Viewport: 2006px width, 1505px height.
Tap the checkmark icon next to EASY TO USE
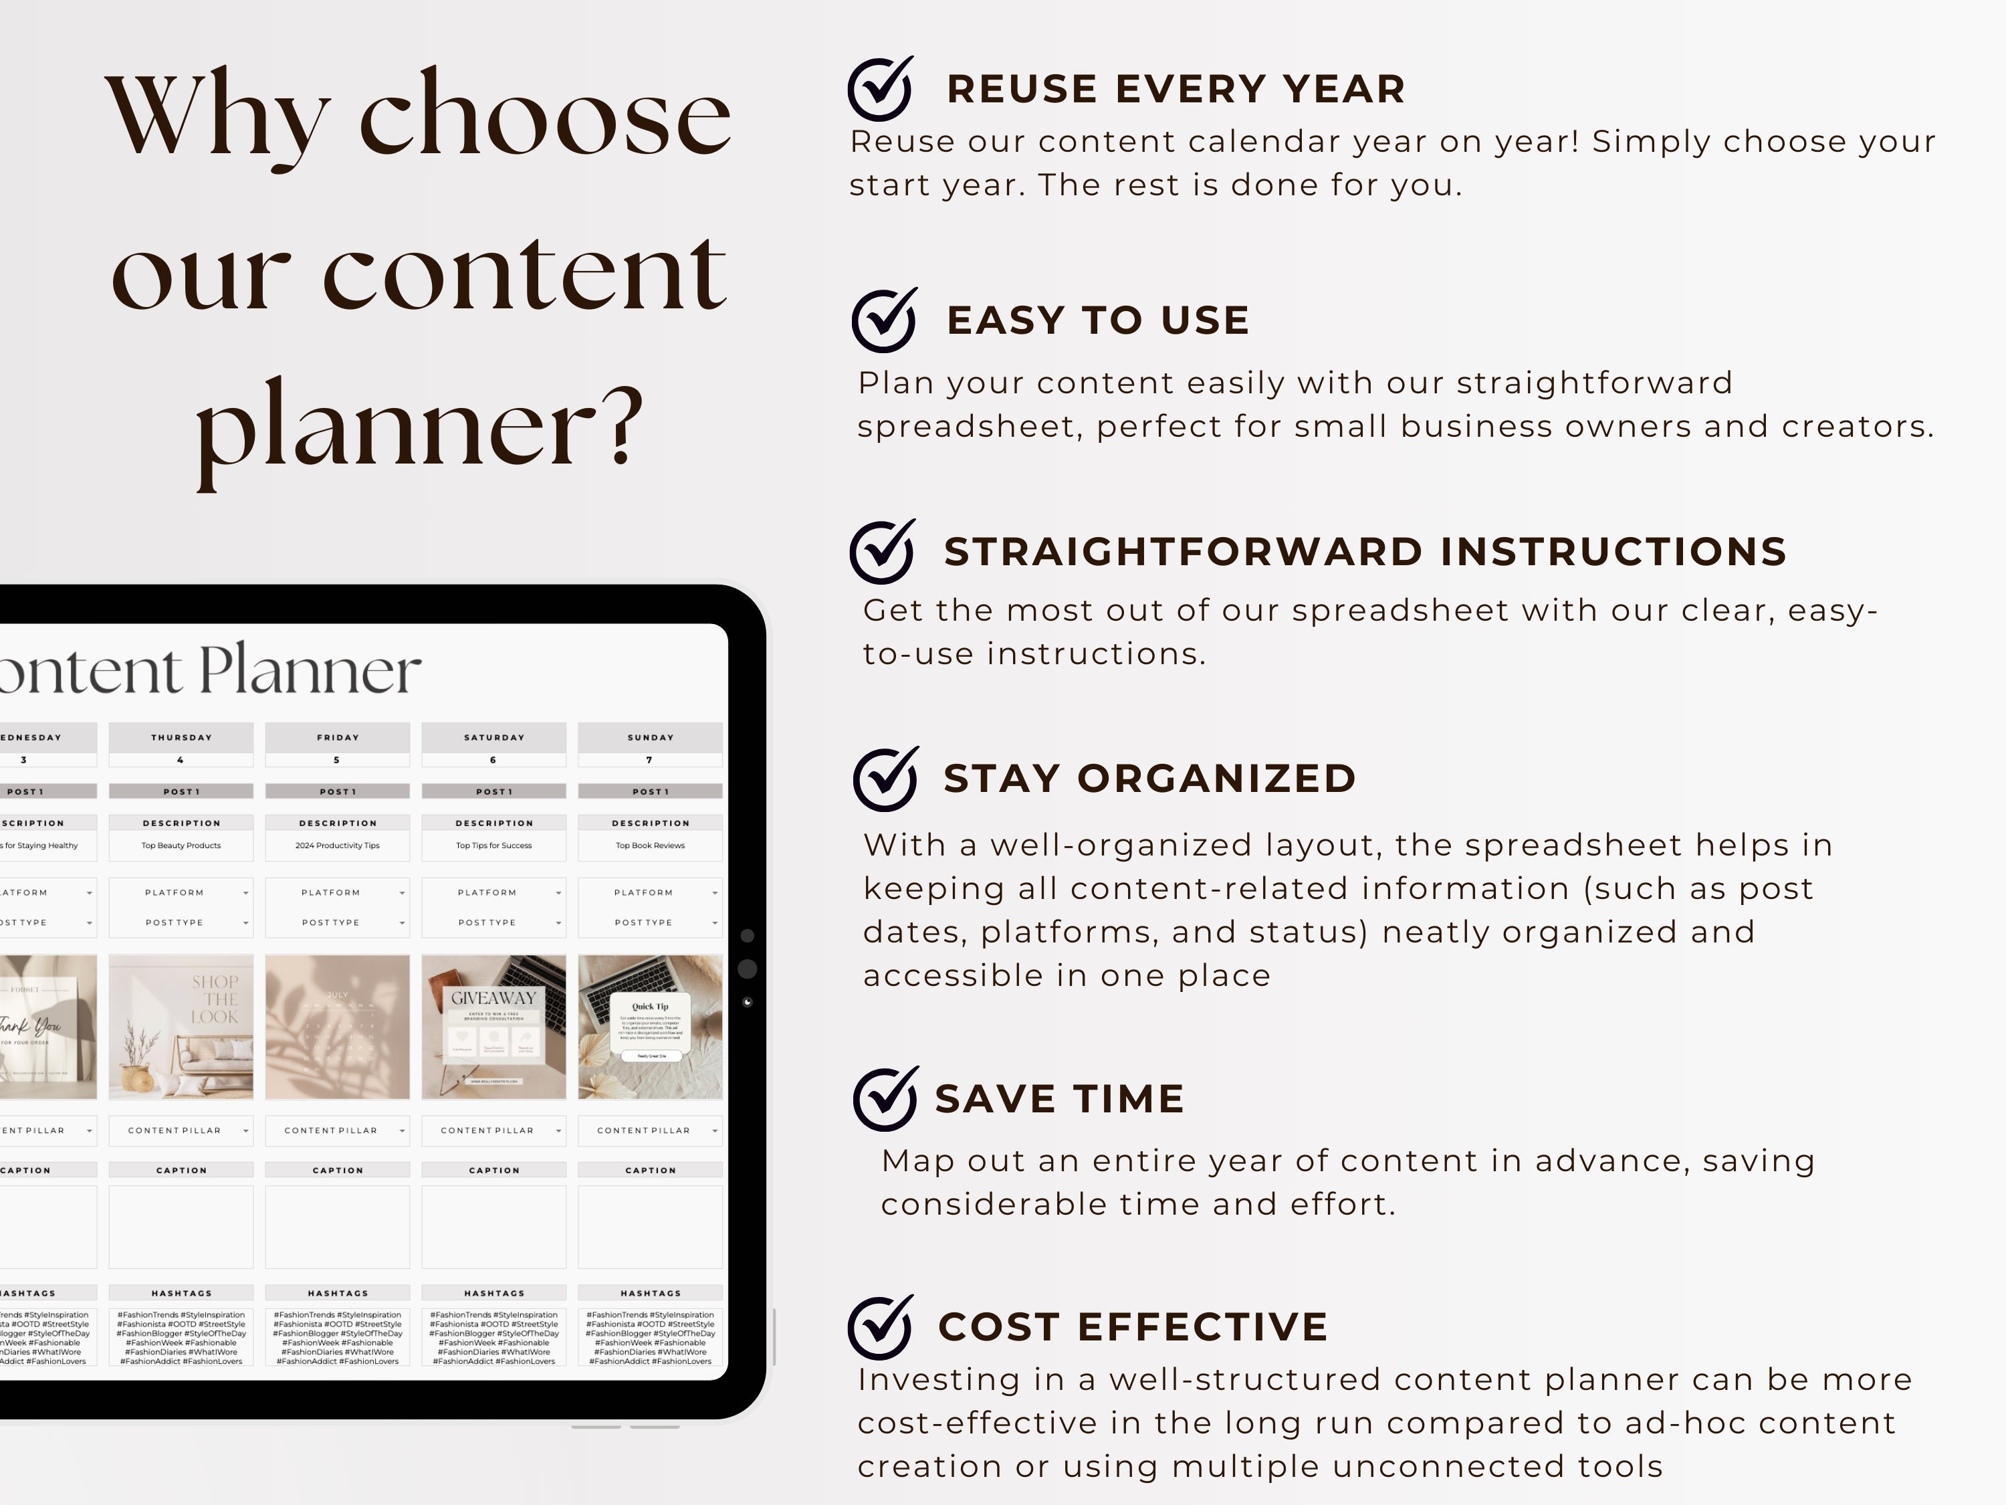point(883,320)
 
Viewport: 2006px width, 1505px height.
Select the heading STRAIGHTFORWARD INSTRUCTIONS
point(1365,552)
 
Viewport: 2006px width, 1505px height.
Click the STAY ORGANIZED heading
point(1149,779)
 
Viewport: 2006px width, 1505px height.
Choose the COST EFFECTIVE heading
point(1133,1326)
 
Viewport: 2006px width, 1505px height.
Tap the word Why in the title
point(217,118)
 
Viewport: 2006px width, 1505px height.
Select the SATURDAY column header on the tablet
point(494,738)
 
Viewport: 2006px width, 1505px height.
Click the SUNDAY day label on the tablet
point(650,738)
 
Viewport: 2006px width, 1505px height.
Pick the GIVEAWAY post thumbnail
point(494,1026)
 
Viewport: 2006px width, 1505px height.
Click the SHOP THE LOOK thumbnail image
point(181,1026)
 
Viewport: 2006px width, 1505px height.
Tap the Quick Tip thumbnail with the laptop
point(650,1026)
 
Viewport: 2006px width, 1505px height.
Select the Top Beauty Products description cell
point(181,845)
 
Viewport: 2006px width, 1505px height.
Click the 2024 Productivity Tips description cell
point(338,845)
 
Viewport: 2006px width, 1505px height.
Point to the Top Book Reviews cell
point(650,845)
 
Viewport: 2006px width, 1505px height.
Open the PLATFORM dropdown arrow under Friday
point(402,894)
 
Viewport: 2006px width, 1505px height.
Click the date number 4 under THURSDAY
point(181,761)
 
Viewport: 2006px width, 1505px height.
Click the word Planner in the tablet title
point(310,672)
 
